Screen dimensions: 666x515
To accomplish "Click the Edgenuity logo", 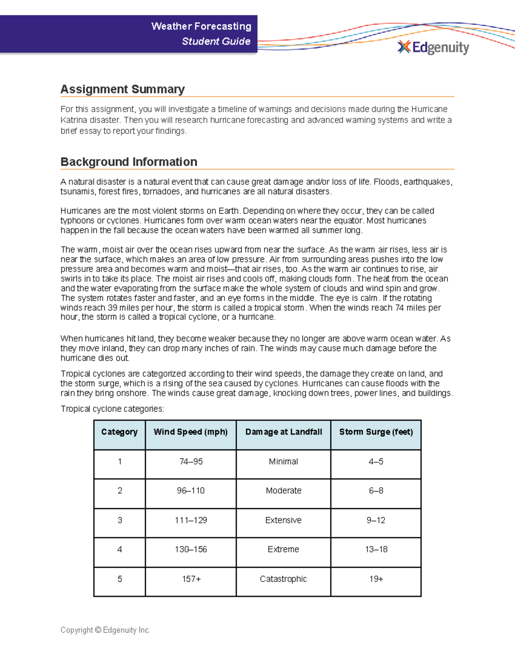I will (x=433, y=47).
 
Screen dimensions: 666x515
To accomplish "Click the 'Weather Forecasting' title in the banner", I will (x=201, y=26).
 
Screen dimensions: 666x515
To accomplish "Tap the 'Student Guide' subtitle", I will (x=216, y=41).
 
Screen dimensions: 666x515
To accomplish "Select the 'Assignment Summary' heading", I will (x=122, y=89).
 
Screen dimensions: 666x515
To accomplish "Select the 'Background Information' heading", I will (x=129, y=162).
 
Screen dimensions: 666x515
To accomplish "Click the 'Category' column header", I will (x=119, y=432).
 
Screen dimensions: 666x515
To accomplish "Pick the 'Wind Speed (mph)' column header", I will (x=191, y=432).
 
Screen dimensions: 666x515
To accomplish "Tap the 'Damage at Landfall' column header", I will (x=283, y=432).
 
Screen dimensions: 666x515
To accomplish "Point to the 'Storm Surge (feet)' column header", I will (x=376, y=432).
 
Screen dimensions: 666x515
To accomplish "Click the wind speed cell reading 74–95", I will (x=191, y=461).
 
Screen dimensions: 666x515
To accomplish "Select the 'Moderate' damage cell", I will (x=283, y=491).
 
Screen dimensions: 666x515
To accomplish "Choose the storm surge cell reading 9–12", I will (x=376, y=520).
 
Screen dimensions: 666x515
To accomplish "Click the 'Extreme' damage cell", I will (x=283, y=549).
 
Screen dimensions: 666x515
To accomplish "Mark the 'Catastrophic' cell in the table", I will (x=283, y=579).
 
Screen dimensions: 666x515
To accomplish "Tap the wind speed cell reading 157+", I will (x=191, y=579).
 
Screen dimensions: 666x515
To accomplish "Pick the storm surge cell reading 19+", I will (x=376, y=579).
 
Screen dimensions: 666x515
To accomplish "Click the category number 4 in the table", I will (x=120, y=549).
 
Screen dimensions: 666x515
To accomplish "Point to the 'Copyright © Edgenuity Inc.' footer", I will (x=105, y=630).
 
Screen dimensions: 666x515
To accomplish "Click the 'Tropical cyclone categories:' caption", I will (x=112, y=409).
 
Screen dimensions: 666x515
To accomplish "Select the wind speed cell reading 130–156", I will (x=191, y=549).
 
